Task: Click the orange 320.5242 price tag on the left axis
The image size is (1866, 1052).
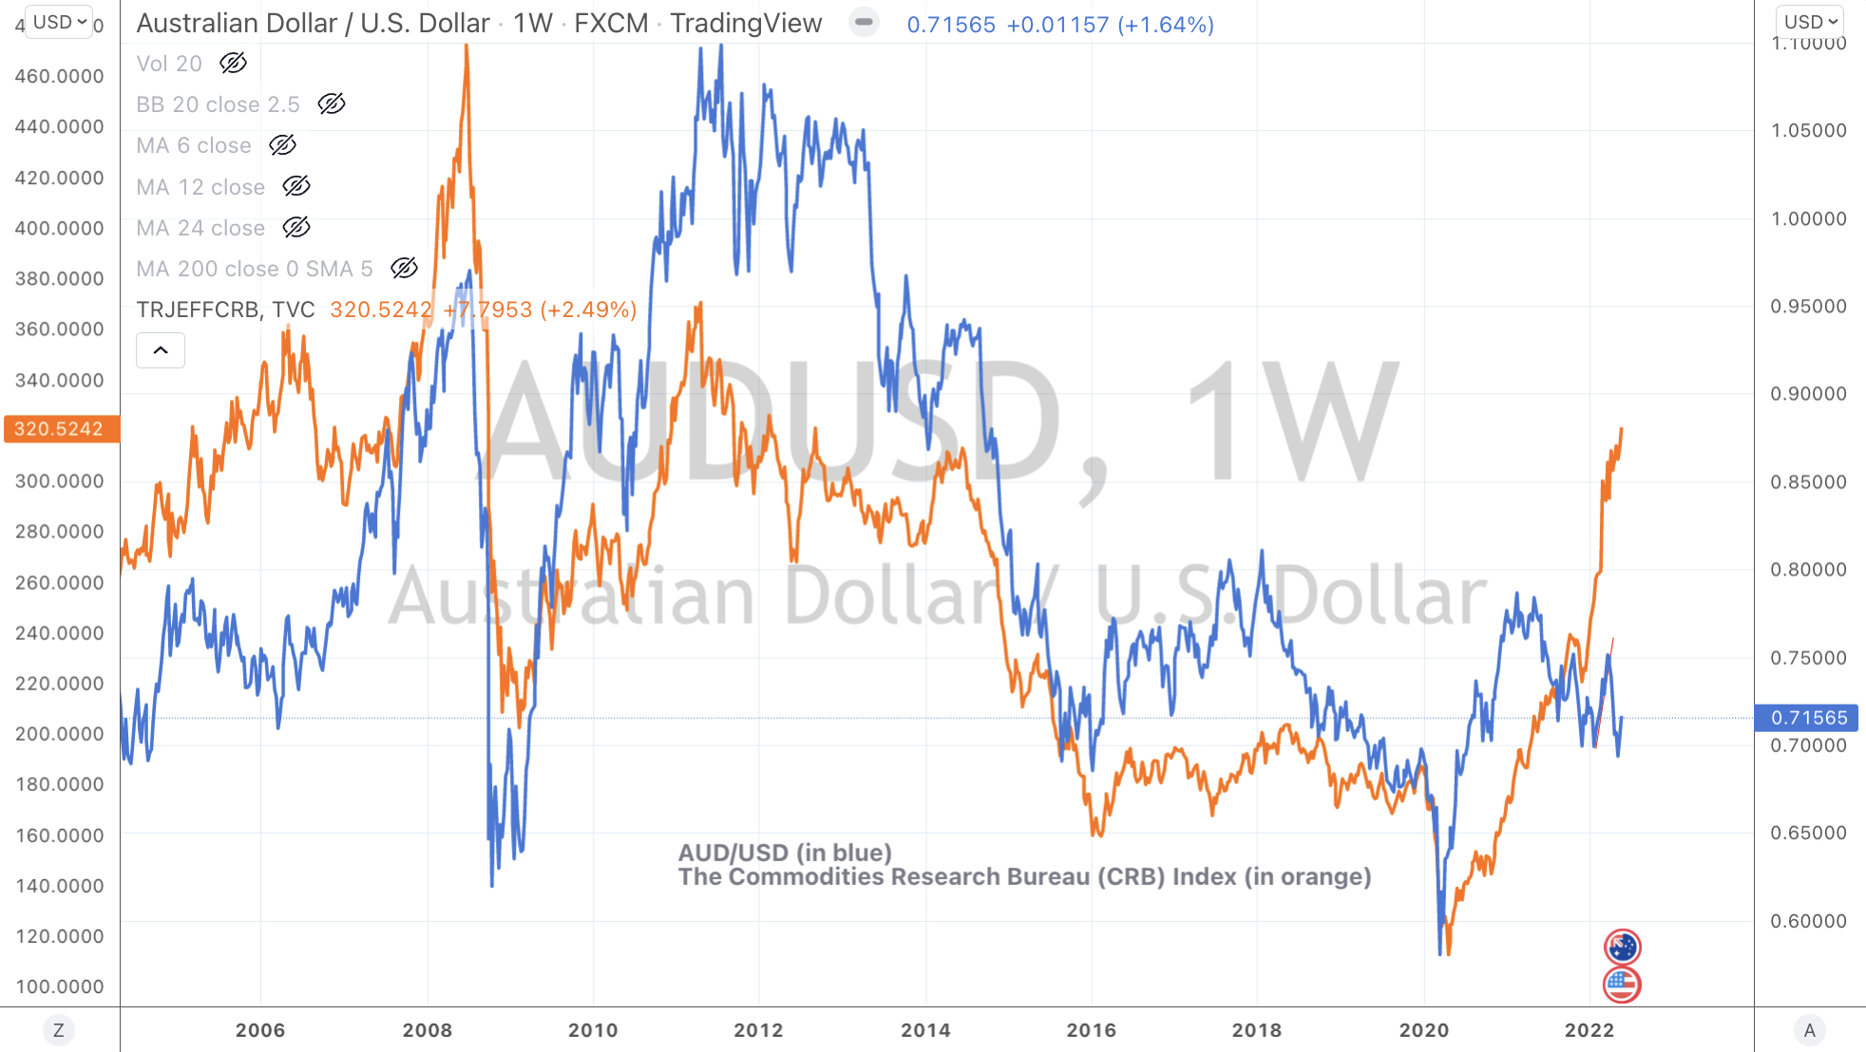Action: (60, 429)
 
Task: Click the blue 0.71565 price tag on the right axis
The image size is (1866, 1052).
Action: (1807, 718)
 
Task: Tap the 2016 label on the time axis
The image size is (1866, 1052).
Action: (1091, 1030)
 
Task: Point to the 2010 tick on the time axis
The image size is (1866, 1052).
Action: (593, 1030)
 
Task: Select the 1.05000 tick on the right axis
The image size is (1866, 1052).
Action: (1808, 130)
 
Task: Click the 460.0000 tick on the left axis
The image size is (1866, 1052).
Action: (59, 76)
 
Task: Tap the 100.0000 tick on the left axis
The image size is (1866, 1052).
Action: (59, 986)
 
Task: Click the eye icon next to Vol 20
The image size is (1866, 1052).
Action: (233, 64)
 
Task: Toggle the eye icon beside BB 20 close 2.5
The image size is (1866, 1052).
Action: (331, 104)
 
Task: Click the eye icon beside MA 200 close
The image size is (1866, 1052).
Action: (404, 269)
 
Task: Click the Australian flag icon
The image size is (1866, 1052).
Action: (1622, 947)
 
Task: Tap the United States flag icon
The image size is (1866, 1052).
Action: (1622, 985)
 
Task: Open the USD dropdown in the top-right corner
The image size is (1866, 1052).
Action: (1810, 22)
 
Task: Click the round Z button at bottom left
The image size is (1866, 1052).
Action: (59, 1030)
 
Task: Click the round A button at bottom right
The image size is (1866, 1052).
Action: (1809, 1030)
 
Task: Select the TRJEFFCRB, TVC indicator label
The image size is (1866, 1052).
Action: (225, 310)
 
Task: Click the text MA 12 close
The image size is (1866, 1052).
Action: (200, 187)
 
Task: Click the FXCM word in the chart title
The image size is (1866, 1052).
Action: (611, 24)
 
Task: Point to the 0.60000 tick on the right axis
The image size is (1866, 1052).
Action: (1808, 921)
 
